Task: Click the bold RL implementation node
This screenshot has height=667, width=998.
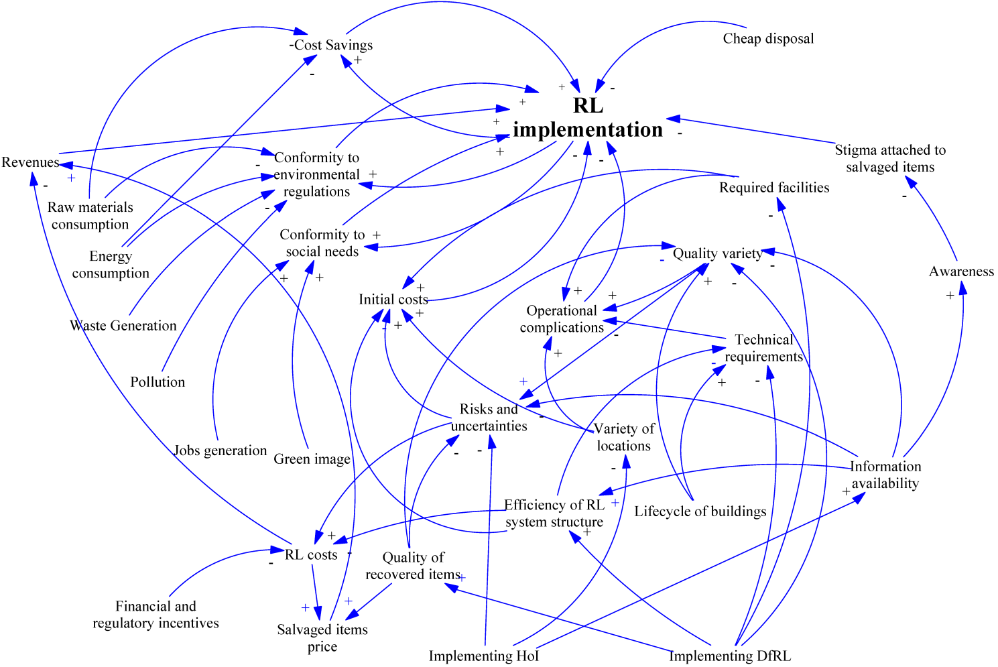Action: pos(588,117)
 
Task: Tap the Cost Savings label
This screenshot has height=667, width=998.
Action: pos(332,45)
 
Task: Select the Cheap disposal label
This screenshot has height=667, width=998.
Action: pos(768,39)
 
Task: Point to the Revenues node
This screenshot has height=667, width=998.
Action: pos(30,162)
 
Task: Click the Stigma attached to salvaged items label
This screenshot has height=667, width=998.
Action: pos(890,158)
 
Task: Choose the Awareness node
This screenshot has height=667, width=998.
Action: pos(961,271)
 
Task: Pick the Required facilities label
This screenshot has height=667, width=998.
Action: pos(774,188)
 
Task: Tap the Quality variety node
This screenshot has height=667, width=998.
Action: pos(717,253)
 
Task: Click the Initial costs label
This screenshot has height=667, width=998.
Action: pos(393,299)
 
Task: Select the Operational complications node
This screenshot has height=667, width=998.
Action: pos(562,319)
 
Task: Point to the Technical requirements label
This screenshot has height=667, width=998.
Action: pos(763,348)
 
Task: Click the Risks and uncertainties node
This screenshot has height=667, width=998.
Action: pos(489,417)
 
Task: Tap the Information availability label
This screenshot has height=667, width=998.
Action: pos(885,475)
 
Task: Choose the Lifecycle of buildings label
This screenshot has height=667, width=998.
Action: pos(700,511)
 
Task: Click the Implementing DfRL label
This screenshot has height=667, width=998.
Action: pos(730,656)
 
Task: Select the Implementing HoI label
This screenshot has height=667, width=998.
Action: pos(484,656)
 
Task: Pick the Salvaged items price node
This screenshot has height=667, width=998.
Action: pos(322,638)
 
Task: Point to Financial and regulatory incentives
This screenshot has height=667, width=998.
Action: pos(155,615)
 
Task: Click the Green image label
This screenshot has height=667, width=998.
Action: pos(312,459)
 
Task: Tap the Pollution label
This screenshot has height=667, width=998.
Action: pos(158,382)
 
